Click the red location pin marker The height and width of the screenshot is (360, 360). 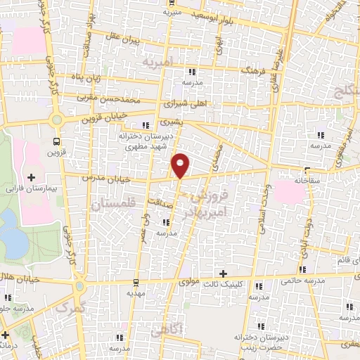click(181, 165)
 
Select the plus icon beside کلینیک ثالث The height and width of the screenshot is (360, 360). click(223, 274)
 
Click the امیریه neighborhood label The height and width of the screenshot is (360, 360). click(157, 63)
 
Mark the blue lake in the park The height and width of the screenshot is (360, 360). click(13, 239)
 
